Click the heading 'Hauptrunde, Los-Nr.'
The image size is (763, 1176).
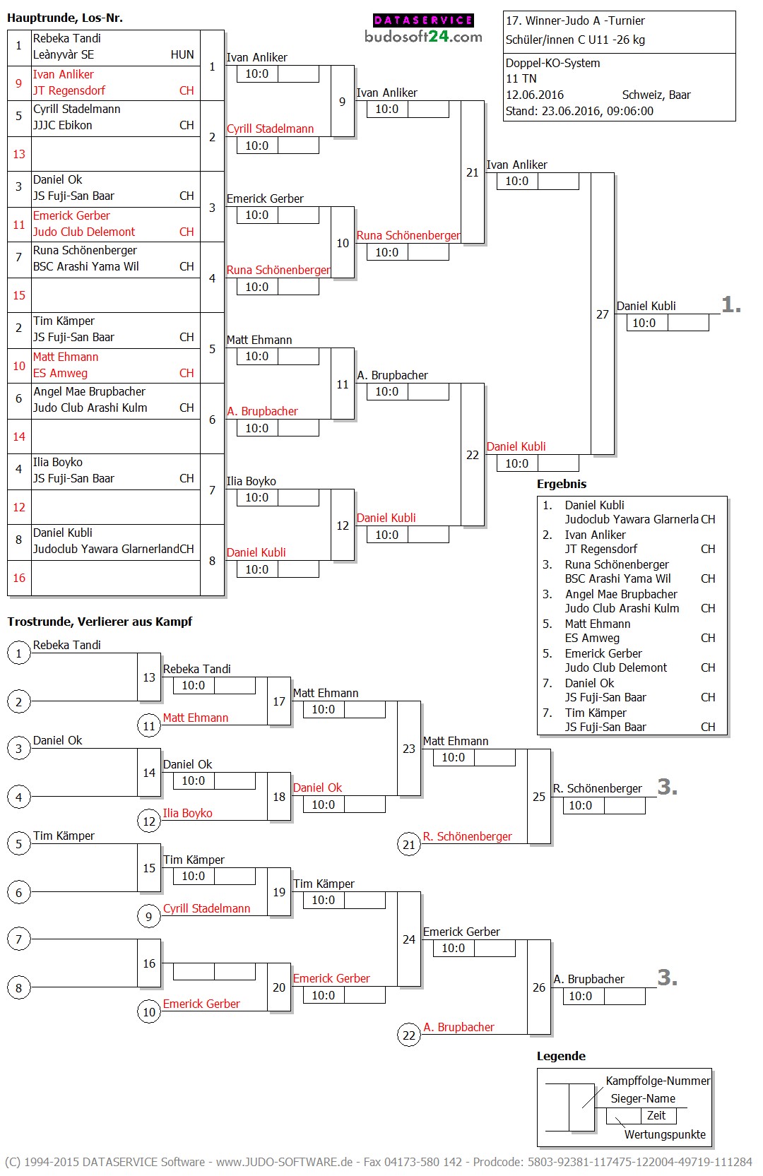(65, 18)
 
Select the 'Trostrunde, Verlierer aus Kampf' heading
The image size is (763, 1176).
(100, 622)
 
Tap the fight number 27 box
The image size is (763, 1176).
(602, 314)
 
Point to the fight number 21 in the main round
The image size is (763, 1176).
(472, 172)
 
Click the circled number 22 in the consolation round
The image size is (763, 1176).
(409, 1035)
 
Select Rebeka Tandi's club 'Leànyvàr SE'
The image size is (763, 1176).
(64, 54)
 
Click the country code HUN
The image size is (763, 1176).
(182, 54)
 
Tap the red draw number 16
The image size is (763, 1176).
(19, 578)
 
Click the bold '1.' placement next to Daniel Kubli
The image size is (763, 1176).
(731, 305)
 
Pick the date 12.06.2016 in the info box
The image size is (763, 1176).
(535, 95)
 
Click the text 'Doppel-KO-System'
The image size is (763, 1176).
(552, 63)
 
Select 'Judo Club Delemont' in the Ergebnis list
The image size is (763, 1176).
(615, 667)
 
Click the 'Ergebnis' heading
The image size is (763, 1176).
(562, 484)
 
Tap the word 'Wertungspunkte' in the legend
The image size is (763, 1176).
(665, 1134)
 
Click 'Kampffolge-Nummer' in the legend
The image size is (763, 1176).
(658, 1081)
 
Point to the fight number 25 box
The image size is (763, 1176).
(538, 797)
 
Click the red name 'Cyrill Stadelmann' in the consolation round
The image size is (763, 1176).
(206, 908)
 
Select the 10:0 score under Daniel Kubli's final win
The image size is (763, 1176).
(644, 323)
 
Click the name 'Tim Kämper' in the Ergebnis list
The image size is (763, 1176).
(596, 713)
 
